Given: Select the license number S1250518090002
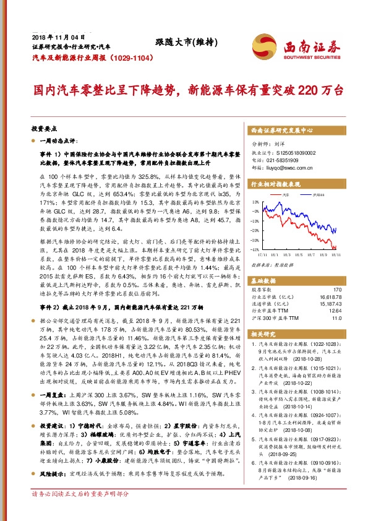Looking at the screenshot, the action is tap(291, 152).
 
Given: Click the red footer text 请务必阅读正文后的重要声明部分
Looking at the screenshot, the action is tap(80, 511).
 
